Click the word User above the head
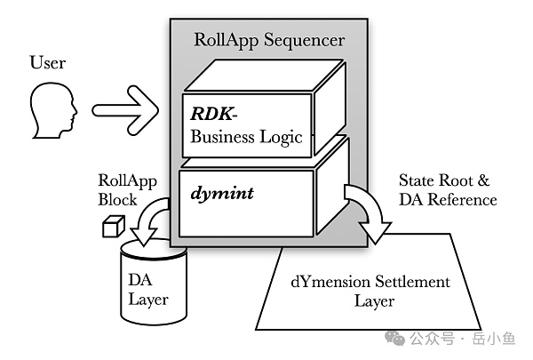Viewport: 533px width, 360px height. pos(49,63)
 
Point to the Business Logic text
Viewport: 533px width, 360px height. pos(247,137)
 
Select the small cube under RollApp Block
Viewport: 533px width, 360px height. pos(110,228)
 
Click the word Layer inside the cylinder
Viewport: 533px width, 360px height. pos(148,300)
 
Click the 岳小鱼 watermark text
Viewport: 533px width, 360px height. pos(493,339)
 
